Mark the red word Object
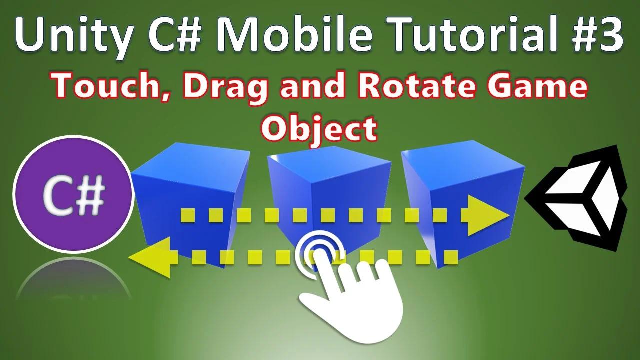click(319, 129)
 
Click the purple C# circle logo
click(73, 194)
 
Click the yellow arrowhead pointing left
click(152, 257)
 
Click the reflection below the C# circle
click(73, 280)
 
